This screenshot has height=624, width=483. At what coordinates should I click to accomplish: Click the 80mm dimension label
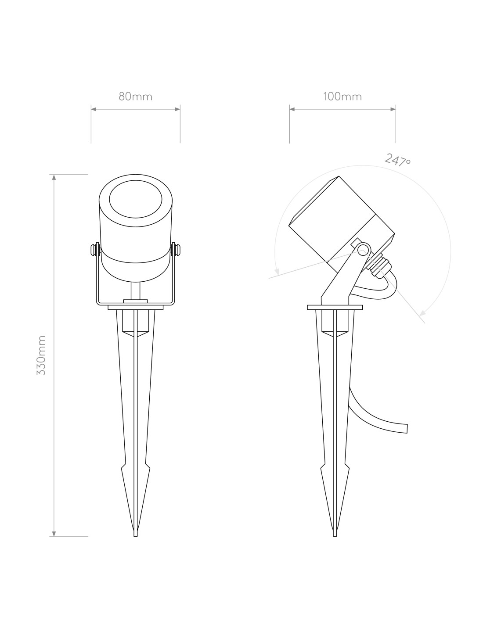click(135, 97)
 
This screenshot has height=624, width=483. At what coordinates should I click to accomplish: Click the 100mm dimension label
click(342, 97)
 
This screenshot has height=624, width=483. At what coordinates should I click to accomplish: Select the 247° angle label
click(398, 160)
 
